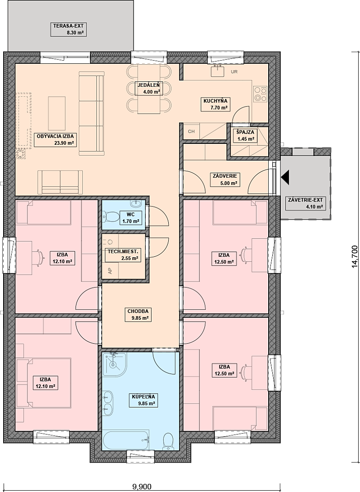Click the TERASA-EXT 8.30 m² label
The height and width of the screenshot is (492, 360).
click(68, 29)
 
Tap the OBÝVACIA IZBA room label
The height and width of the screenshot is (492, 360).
click(55, 139)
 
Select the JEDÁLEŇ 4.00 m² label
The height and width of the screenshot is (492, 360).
click(148, 88)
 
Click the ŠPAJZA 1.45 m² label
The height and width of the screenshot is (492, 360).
click(245, 135)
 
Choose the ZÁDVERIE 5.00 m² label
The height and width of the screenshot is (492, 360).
click(226, 179)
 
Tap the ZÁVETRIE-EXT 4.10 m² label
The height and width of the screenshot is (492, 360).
click(305, 203)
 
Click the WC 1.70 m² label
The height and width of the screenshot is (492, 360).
click(130, 218)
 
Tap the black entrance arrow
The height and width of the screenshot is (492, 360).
click(286, 177)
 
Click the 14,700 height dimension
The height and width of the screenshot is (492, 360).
click(354, 256)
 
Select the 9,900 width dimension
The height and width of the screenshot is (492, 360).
click(142, 487)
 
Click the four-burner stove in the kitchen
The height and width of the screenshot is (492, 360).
click(261, 94)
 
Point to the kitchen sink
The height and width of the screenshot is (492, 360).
click(217, 71)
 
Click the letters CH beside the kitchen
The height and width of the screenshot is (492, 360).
click(191, 131)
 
